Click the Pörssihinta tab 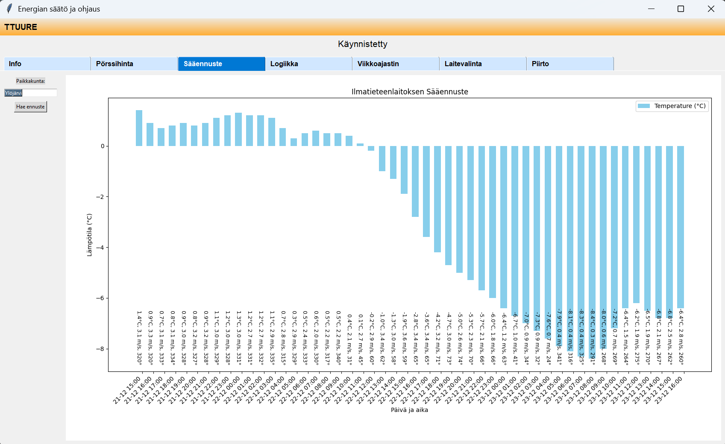[x=134, y=64]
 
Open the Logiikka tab [x=308, y=64]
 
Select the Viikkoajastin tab [x=396, y=64]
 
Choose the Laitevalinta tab [x=483, y=64]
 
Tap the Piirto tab [x=570, y=64]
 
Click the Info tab [x=47, y=64]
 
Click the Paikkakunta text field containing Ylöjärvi [x=31, y=93]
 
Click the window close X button [x=711, y=9]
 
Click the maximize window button [x=681, y=9]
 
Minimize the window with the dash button [x=651, y=9]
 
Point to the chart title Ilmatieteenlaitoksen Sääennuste [x=410, y=92]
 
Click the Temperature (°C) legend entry [x=672, y=106]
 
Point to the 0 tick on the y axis [x=103, y=146]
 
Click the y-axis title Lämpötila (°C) [x=89, y=235]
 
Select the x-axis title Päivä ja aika [x=409, y=410]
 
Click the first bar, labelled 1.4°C [x=139, y=128]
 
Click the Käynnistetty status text [x=362, y=44]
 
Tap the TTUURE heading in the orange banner [x=21, y=27]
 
